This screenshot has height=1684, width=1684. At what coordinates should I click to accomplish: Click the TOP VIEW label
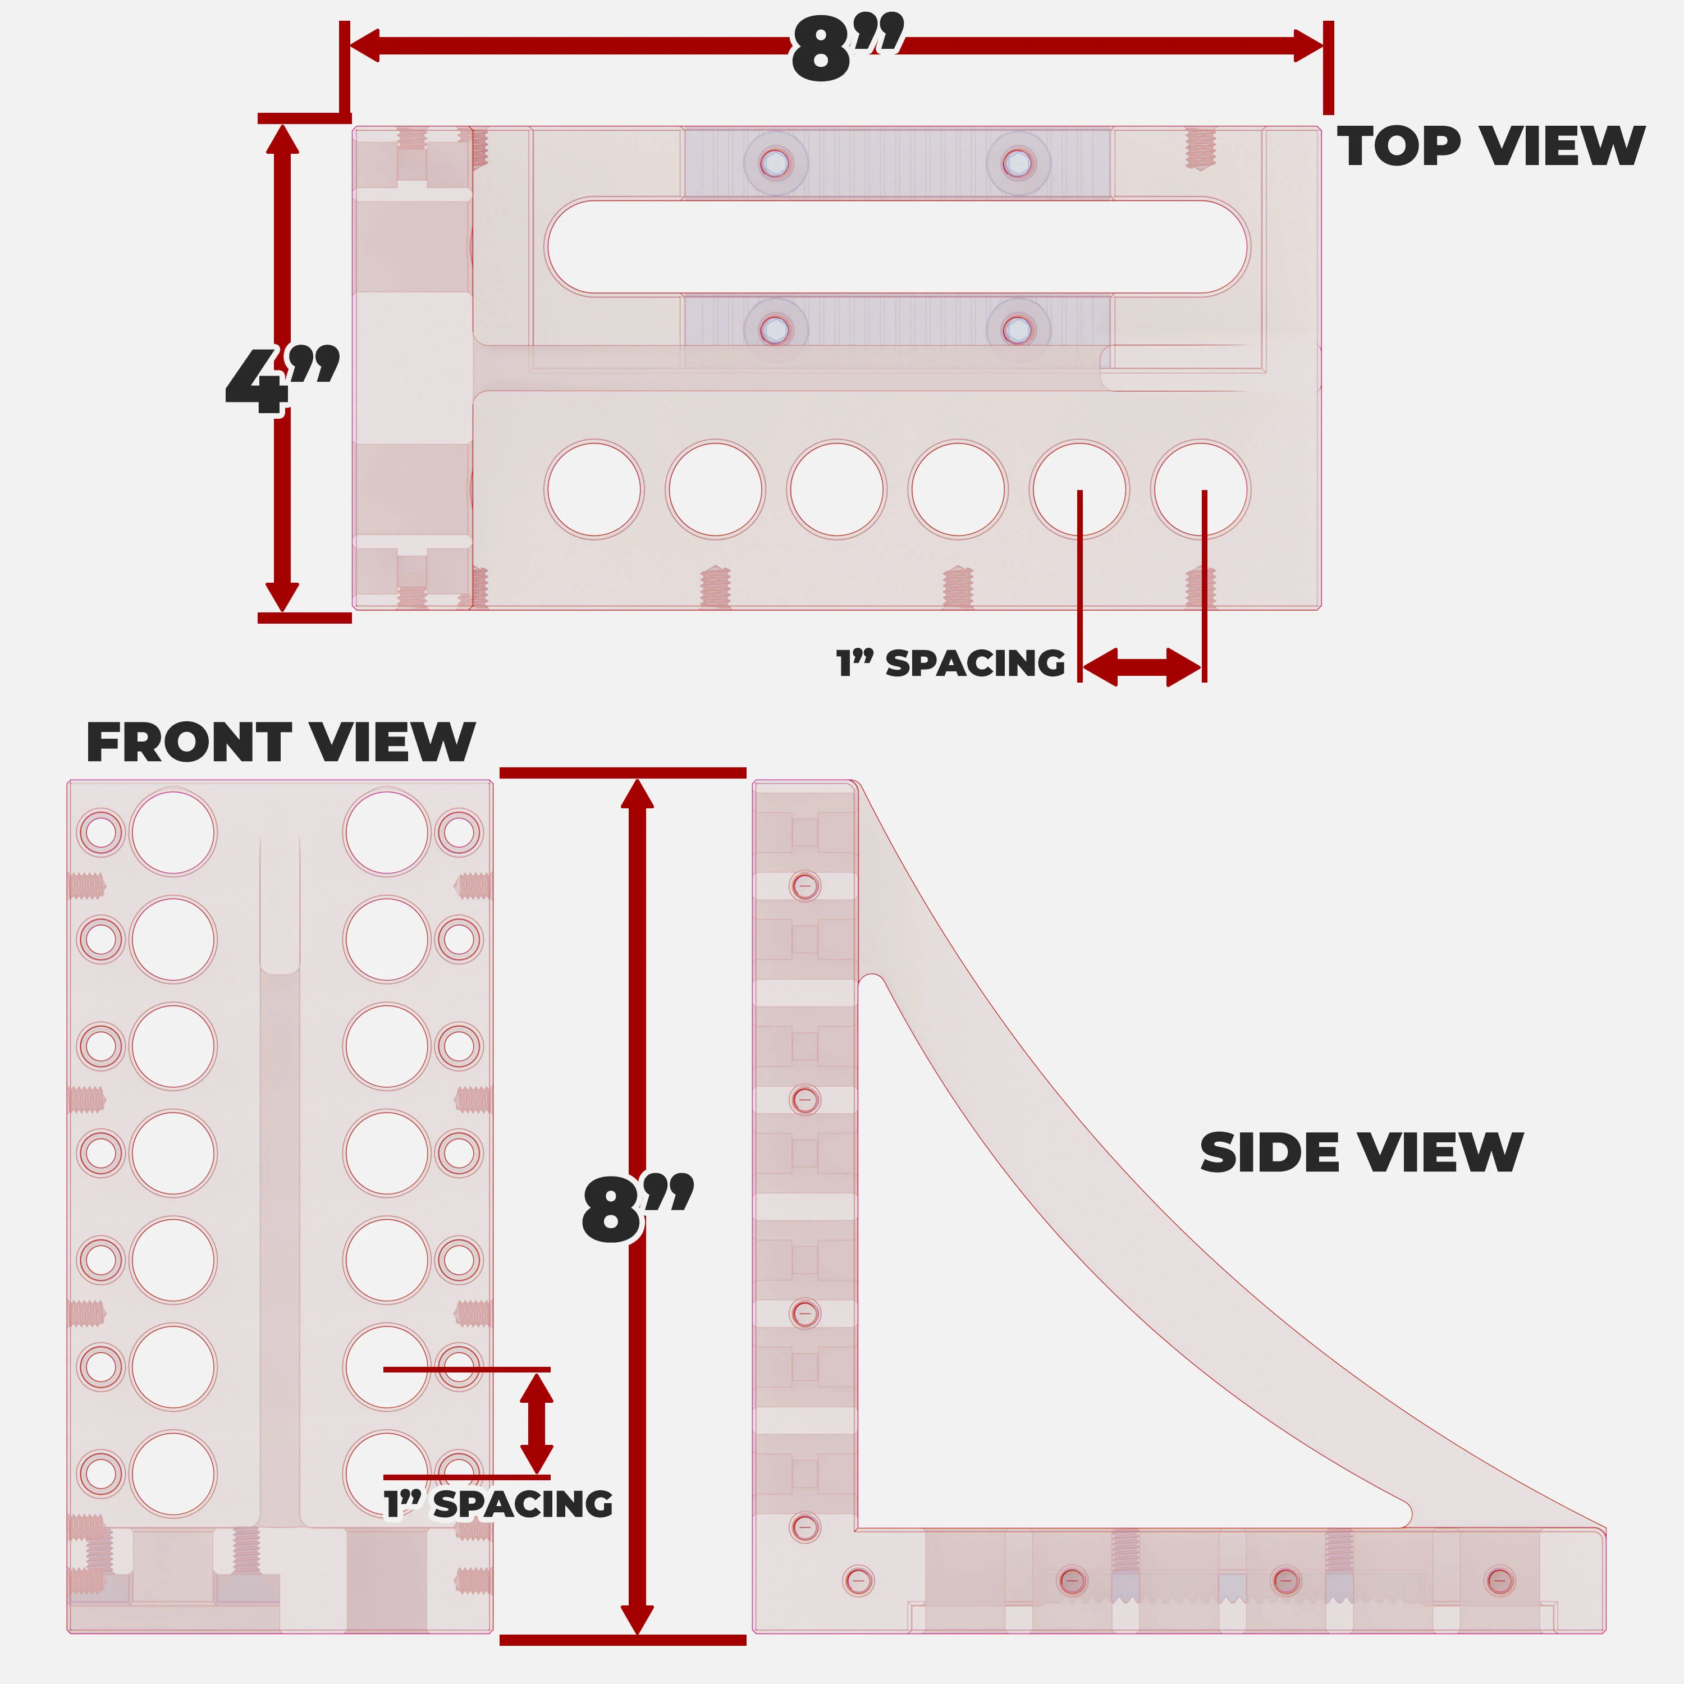(1490, 147)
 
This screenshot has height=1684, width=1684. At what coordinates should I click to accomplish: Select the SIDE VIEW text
(1361, 1153)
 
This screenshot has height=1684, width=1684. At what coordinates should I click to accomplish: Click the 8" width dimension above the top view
(845, 50)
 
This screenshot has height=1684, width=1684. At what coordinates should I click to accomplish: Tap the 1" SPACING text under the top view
(950, 664)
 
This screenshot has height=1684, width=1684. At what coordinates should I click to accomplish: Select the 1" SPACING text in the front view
(498, 1504)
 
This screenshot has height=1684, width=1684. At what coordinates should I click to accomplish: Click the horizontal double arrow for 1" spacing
(1142, 667)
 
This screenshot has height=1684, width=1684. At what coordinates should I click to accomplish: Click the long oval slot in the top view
(897, 246)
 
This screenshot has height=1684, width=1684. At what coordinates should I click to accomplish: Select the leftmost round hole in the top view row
(593, 489)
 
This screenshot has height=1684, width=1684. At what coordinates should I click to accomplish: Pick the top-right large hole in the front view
(386, 832)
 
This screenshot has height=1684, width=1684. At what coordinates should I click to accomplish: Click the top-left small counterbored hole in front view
(101, 832)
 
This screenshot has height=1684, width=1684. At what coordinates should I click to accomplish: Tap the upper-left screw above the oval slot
(775, 163)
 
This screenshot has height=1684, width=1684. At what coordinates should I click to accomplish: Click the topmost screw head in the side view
(804, 886)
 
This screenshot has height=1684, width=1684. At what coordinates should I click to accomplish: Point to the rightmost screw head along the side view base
(1499, 1580)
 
